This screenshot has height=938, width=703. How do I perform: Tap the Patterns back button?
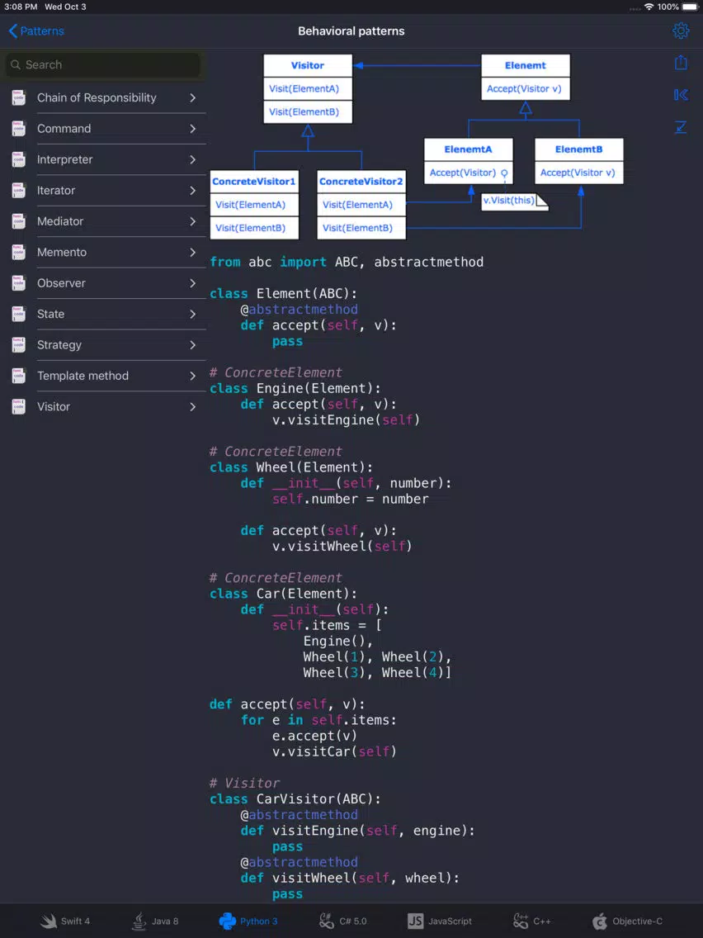36,31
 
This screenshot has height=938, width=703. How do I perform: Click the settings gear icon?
680,31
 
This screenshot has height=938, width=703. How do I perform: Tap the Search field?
103,64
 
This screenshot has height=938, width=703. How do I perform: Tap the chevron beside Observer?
192,283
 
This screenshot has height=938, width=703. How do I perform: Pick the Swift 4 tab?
65,921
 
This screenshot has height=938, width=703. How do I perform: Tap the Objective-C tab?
627,921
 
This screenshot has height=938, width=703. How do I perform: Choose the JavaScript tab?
439,921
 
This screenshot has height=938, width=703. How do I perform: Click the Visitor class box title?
308,66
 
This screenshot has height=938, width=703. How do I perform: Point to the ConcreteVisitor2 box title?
361,182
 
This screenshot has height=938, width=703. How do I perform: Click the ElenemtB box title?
578,149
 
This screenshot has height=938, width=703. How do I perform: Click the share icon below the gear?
680,62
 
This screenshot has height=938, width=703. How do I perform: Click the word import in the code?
303,262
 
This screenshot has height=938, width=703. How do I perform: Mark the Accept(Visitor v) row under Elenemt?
524,89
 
